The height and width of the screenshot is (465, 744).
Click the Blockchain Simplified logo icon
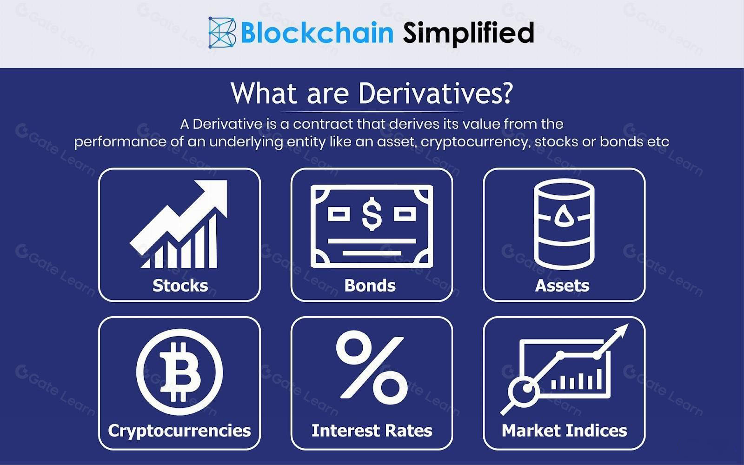(222, 33)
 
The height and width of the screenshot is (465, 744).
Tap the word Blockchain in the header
(317, 33)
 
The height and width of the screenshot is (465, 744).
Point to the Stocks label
(180, 286)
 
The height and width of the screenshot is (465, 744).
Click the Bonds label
(370, 286)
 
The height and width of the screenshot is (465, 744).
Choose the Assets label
(562, 286)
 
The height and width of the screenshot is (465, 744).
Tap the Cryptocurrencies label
(179, 431)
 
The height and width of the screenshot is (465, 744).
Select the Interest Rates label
(372, 431)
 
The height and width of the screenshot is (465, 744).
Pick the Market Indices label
(565, 431)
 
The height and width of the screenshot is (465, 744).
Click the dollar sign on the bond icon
(372, 214)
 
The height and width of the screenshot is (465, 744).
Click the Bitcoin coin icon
(179, 372)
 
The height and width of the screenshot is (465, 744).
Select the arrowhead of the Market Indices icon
(620, 332)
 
